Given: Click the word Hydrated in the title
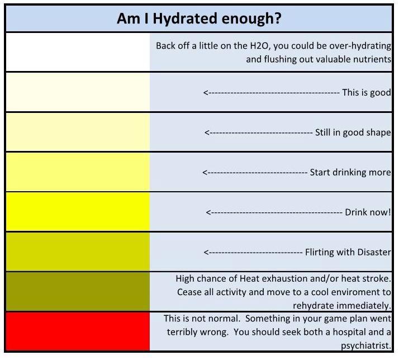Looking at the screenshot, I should tap(185, 18).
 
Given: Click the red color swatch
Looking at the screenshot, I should tap(78, 331).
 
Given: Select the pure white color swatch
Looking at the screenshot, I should tap(78, 53).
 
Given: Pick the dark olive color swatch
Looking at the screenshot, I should tap(78, 291).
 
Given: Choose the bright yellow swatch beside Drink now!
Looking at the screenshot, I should tap(78, 212).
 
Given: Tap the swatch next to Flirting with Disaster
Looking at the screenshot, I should tap(78, 252).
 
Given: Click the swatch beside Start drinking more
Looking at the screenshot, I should tap(78, 172).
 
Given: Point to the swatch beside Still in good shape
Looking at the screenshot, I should tap(78, 132).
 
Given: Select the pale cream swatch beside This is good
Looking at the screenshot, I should tap(78, 92).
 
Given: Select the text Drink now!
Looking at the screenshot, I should tap(368, 212).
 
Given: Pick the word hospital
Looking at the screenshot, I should tap(351, 331).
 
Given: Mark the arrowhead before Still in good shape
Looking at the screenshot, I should tap(207, 132).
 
